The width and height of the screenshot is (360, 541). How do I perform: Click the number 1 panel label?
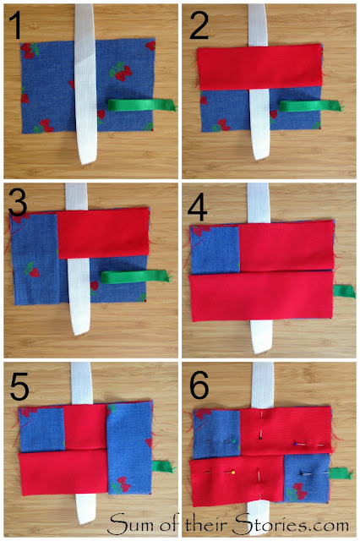15,25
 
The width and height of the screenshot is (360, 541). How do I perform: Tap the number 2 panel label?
199,25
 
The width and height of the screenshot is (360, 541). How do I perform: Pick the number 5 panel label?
19,386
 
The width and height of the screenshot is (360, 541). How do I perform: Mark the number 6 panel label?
199,385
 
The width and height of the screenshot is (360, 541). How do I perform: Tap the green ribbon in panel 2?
311,106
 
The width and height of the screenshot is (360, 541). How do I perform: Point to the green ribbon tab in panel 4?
344,291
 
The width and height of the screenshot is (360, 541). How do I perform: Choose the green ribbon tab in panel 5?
163,467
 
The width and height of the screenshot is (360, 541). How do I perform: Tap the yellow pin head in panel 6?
233,472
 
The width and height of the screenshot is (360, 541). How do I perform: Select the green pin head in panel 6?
234,441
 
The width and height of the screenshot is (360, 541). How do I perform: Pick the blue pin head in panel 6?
296,443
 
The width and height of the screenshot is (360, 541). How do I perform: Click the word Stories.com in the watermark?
291,525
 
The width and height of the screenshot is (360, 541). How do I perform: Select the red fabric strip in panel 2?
260,67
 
